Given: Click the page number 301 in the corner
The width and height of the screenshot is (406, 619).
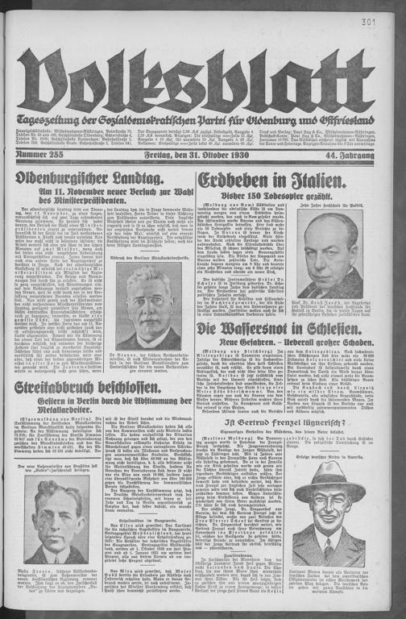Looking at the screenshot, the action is pos(392,23).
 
